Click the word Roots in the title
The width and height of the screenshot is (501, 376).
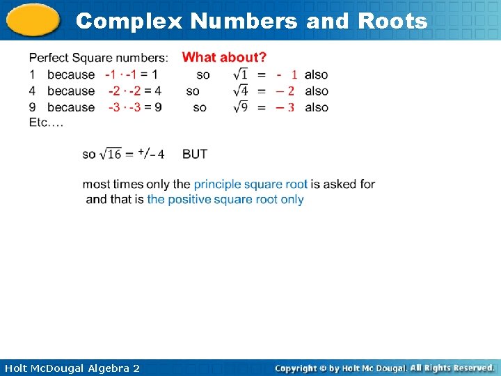tap(392, 21)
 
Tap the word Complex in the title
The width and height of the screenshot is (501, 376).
tap(129, 21)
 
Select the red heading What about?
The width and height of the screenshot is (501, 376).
tap(224, 57)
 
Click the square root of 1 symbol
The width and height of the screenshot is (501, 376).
tap(240, 75)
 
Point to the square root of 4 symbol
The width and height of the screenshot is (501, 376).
tap(240, 91)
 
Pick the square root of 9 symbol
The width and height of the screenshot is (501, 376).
tap(240, 107)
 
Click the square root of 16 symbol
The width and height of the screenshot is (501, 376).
tap(110, 154)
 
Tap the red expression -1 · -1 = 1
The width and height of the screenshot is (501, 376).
tap(131, 75)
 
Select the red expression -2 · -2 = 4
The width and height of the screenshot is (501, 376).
tap(134, 91)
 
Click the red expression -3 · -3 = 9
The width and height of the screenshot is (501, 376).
tap(134, 107)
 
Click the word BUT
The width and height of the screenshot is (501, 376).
tap(195, 154)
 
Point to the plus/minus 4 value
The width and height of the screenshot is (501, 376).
tap(151, 153)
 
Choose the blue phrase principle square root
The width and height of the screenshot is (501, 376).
tap(250, 185)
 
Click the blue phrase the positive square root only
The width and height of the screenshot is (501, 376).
tap(225, 199)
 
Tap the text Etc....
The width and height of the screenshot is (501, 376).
tap(46, 122)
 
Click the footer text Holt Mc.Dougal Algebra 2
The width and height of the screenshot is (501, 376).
tap(72, 368)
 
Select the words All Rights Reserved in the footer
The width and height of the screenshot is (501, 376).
tap(452, 368)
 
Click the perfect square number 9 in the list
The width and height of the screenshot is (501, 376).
tap(32, 107)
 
